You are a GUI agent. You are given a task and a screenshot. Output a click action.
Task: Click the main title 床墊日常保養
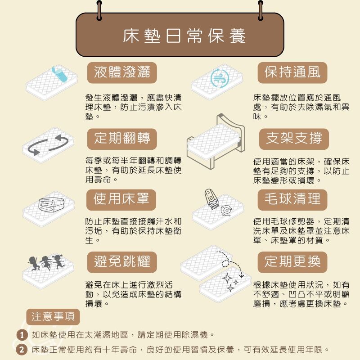184,36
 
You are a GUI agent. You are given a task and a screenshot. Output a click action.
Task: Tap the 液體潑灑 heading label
122,72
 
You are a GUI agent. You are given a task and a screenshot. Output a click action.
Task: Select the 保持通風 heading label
292,72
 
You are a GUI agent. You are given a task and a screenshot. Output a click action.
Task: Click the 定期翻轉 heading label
122,139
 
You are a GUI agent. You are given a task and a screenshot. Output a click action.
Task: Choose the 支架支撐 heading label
294,139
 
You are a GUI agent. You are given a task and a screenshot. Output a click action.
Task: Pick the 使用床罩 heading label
121,199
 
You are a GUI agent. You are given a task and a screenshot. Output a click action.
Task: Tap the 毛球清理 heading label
292,199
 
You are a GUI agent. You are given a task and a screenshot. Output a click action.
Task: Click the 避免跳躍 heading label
122,262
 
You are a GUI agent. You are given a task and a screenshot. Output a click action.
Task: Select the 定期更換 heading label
292,262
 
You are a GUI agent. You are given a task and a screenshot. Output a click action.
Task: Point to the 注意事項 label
53,317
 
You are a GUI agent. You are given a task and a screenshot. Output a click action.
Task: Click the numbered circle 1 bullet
22,335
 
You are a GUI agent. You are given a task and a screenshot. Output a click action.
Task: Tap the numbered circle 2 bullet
22,350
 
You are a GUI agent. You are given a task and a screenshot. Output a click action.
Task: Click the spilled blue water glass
59,73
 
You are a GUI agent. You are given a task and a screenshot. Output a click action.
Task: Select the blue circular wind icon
220,78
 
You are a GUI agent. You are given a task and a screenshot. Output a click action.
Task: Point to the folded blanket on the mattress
51,205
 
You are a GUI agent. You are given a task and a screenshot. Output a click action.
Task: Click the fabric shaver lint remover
211,198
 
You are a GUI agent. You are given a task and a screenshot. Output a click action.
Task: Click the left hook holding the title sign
99,10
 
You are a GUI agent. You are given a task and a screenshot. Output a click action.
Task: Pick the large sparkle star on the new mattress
227,279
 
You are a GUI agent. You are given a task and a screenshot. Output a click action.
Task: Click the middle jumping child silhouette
46,262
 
